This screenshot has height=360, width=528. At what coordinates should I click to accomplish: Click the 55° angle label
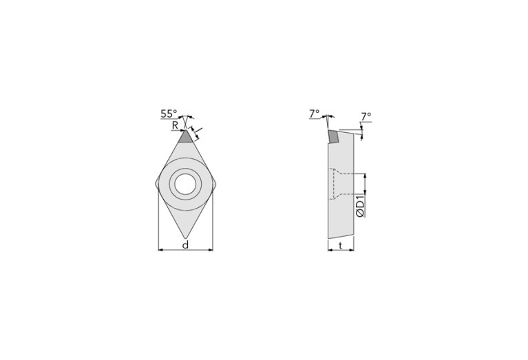coord(169,114)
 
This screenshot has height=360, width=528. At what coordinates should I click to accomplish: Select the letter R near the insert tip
coord(176,125)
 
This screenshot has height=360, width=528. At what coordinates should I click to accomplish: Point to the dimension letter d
coord(185,245)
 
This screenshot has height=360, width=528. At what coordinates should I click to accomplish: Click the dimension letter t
coord(341,245)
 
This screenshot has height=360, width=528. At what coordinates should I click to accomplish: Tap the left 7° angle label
coord(314,113)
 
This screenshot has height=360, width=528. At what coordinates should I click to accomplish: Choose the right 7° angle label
coord(365,116)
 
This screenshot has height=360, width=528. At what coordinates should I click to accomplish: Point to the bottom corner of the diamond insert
coord(185,237)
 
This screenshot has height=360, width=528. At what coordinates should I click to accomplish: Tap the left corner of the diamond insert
coord(156,184)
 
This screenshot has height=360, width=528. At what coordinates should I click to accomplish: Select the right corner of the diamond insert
coord(215,184)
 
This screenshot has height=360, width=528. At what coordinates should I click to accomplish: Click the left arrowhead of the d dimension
coord(160,250)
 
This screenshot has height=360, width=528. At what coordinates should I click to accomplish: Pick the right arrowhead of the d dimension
coord(211,250)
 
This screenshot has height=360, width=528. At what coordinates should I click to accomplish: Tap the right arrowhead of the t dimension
coord(351,250)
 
